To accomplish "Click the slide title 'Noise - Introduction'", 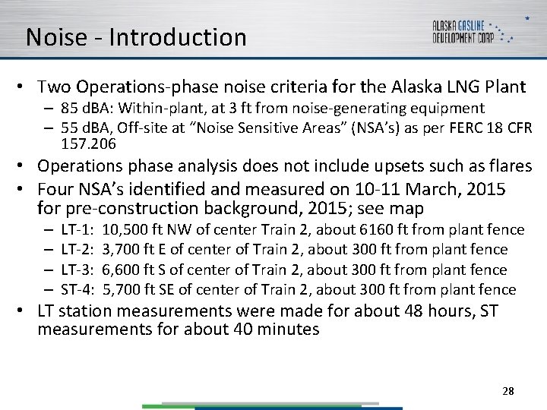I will point(136,37).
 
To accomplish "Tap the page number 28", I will point(508,391).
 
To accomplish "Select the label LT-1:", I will point(77,229).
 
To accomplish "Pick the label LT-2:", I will point(77,249).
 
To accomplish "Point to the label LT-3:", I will point(77,270).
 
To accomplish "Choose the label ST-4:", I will point(77,289).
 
